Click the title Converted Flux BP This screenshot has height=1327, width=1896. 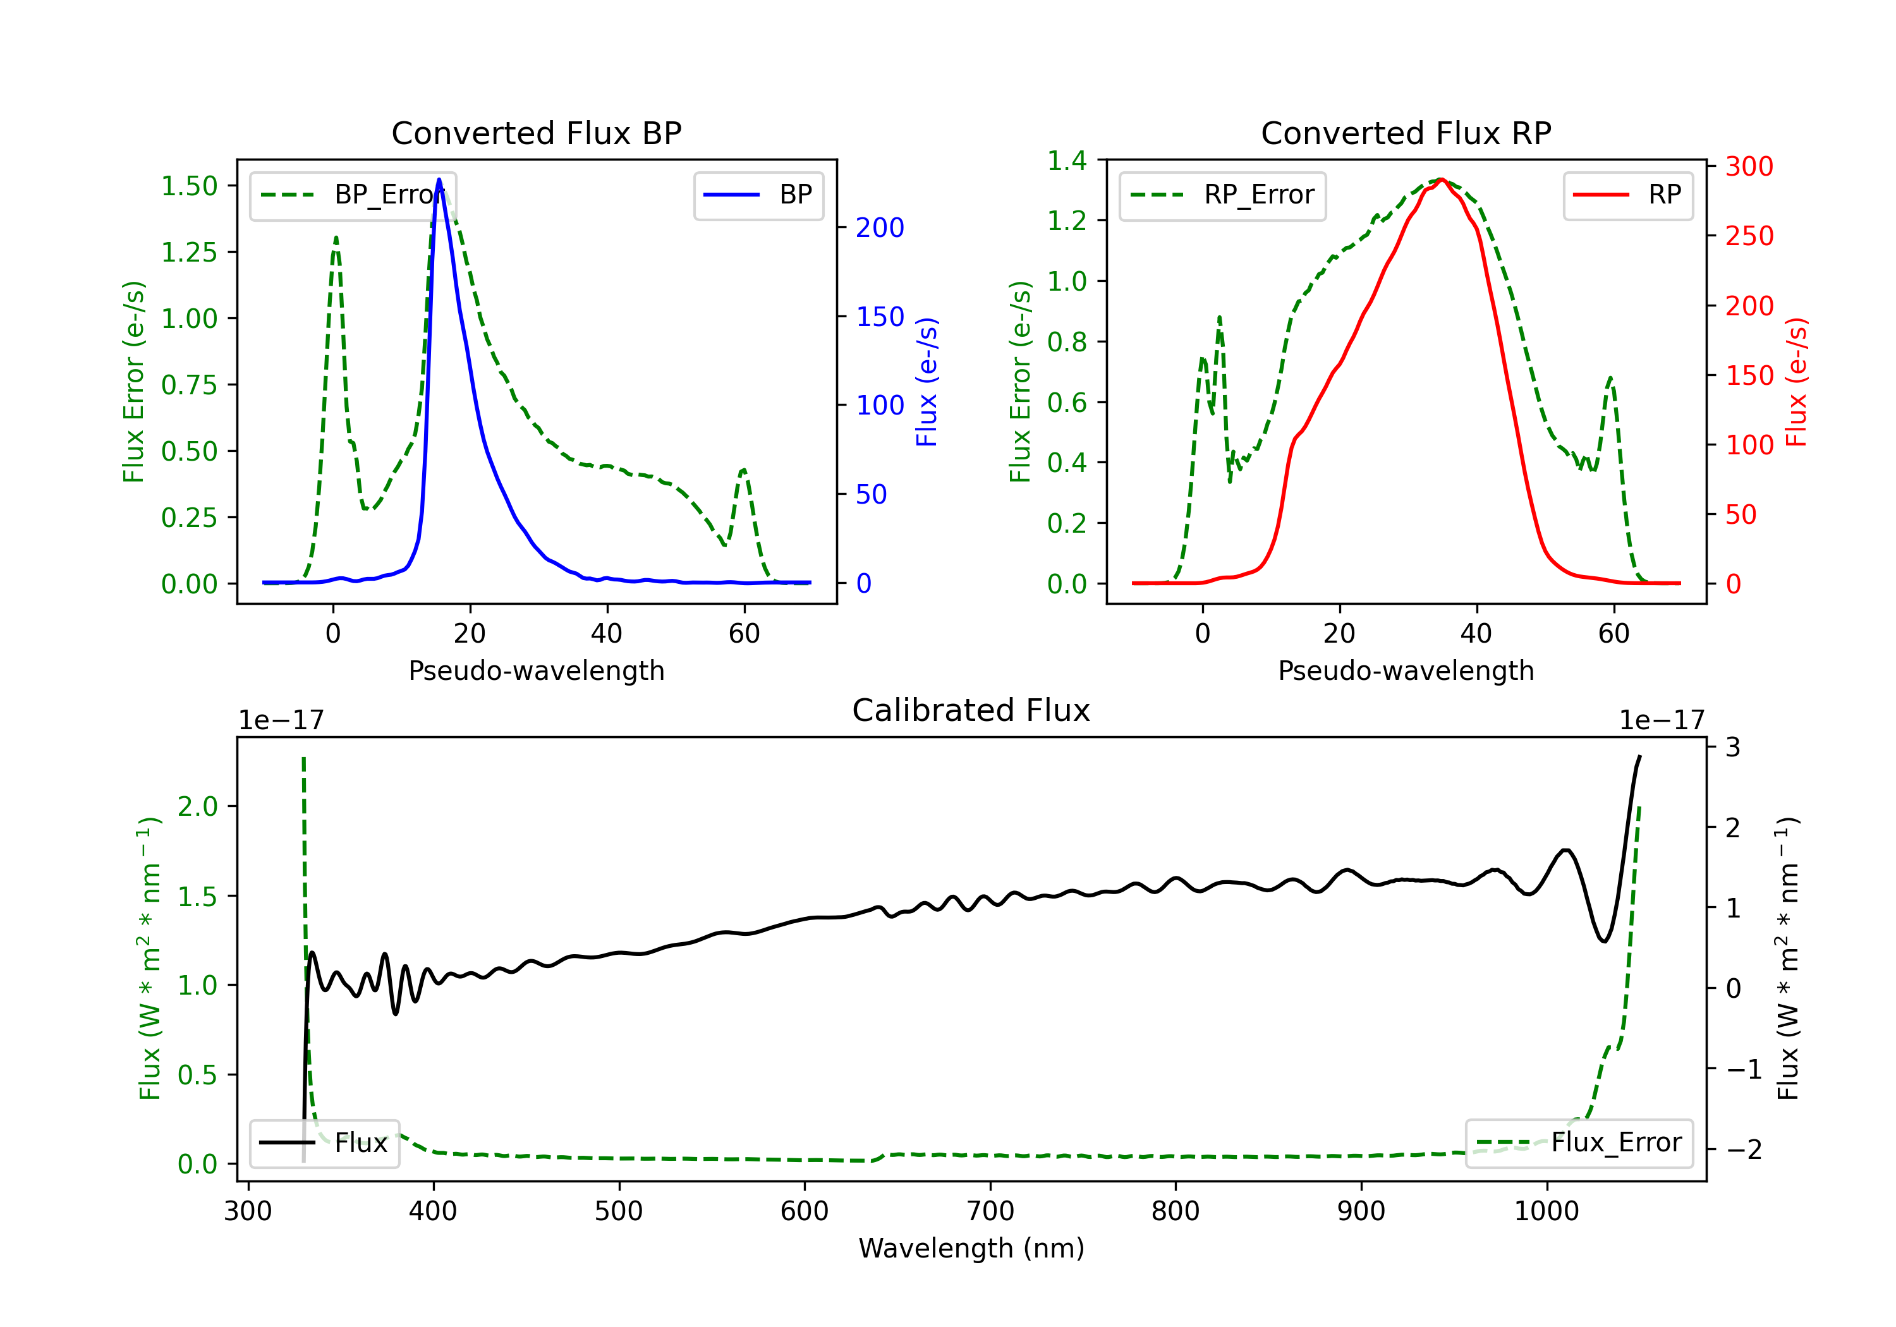pos(536,133)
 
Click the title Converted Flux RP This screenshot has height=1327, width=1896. pos(1406,133)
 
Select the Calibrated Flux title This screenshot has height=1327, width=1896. pos(971,710)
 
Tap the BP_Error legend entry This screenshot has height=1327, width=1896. pos(353,195)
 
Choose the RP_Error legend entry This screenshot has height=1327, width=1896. pos(1222,195)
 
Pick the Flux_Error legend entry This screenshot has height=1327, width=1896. pos(1579,1143)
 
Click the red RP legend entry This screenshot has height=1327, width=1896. pos(1627,195)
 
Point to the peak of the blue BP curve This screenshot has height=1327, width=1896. pos(439,179)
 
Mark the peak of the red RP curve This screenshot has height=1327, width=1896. pos(1441,179)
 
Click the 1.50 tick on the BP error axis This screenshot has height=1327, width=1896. pos(189,186)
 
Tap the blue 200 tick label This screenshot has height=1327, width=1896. pos(880,228)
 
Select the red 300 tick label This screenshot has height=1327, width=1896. pos(1749,167)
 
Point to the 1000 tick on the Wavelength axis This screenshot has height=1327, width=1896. pos(1546,1211)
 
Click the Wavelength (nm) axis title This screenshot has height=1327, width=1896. pos(971,1249)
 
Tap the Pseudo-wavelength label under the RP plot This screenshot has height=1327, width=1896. pos(1406,670)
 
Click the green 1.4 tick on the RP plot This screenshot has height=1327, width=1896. pos(1067,161)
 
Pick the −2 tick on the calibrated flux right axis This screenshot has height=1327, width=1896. pos(1743,1149)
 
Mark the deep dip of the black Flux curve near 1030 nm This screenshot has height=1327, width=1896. pos(1603,940)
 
